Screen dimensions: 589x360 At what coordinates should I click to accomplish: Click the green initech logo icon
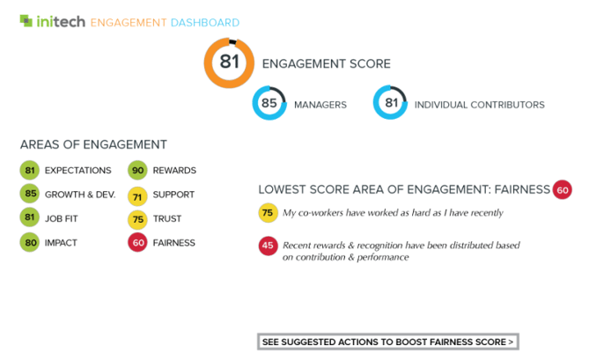pos(26,20)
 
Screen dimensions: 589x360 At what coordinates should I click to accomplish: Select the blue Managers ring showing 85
pos(255,103)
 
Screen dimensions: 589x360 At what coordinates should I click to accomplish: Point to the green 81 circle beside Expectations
pos(30,170)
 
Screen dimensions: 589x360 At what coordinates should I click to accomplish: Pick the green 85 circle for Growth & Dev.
pos(30,194)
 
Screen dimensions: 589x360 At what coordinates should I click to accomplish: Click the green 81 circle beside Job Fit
pos(30,217)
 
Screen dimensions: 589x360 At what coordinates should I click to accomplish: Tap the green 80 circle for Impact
pos(30,243)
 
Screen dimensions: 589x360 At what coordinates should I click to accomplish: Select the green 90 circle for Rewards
pos(137,170)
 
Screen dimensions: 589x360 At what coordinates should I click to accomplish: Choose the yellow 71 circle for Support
pos(137,196)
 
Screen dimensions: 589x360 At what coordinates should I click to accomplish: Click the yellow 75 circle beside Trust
pos(137,219)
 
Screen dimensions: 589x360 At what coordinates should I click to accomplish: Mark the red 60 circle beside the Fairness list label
pos(137,243)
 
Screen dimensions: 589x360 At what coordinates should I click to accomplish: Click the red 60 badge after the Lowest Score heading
pos(563,189)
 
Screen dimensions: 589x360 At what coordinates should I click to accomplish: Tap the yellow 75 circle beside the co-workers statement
pos(268,213)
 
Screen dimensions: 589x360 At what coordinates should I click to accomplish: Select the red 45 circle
pos(268,246)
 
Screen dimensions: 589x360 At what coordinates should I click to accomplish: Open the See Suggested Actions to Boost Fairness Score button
pos(388,342)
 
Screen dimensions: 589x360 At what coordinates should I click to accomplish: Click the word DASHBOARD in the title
pos(205,23)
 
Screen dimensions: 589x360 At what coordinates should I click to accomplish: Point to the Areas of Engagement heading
pos(93,144)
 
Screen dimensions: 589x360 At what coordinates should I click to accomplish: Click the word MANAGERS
pos(320,105)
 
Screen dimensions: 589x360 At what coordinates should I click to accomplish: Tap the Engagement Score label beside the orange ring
pos(327,64)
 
